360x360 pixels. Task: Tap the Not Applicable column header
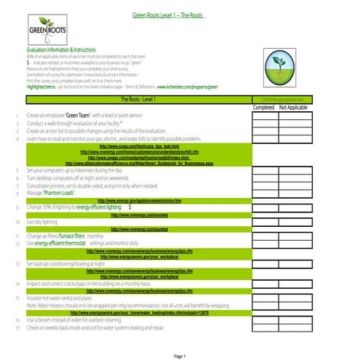(x=294, y=107)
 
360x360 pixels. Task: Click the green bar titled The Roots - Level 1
(x=138, y=98)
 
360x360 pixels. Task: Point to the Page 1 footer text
(x=180, y=356)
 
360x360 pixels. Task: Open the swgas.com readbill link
(x=138, y=157)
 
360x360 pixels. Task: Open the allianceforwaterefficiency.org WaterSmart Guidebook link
(x=138, y=163)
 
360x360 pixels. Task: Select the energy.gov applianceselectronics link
(x=138, y=200)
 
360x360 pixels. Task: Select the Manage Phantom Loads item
(x=51, y=193)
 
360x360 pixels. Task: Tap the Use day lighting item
(x=42, y=221)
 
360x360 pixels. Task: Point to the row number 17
(x=17, y=327)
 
